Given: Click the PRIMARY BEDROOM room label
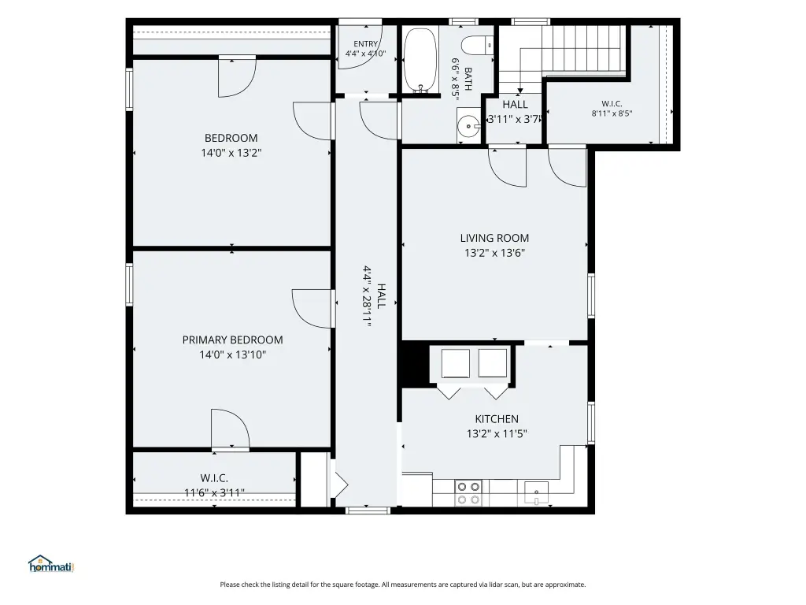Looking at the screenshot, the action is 232,340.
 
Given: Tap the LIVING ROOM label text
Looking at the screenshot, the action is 494,238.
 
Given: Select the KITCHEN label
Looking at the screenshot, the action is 497,419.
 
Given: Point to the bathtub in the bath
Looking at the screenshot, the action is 420,61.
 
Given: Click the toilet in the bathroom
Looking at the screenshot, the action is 477,45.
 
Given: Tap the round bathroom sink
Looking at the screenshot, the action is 469,125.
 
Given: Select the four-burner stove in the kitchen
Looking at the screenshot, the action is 468,493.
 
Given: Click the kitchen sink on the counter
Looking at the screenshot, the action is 536,493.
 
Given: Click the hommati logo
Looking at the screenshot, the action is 51,564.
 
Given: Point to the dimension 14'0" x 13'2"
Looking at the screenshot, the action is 231,153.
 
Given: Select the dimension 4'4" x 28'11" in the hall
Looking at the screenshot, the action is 368,296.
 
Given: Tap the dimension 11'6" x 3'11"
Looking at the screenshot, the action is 214,493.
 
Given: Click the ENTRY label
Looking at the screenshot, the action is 365,44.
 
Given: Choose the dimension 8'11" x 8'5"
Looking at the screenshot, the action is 612,113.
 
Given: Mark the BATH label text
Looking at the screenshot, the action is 468,78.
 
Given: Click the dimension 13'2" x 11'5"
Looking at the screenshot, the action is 497,434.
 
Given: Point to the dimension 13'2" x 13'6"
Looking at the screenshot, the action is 494,253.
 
